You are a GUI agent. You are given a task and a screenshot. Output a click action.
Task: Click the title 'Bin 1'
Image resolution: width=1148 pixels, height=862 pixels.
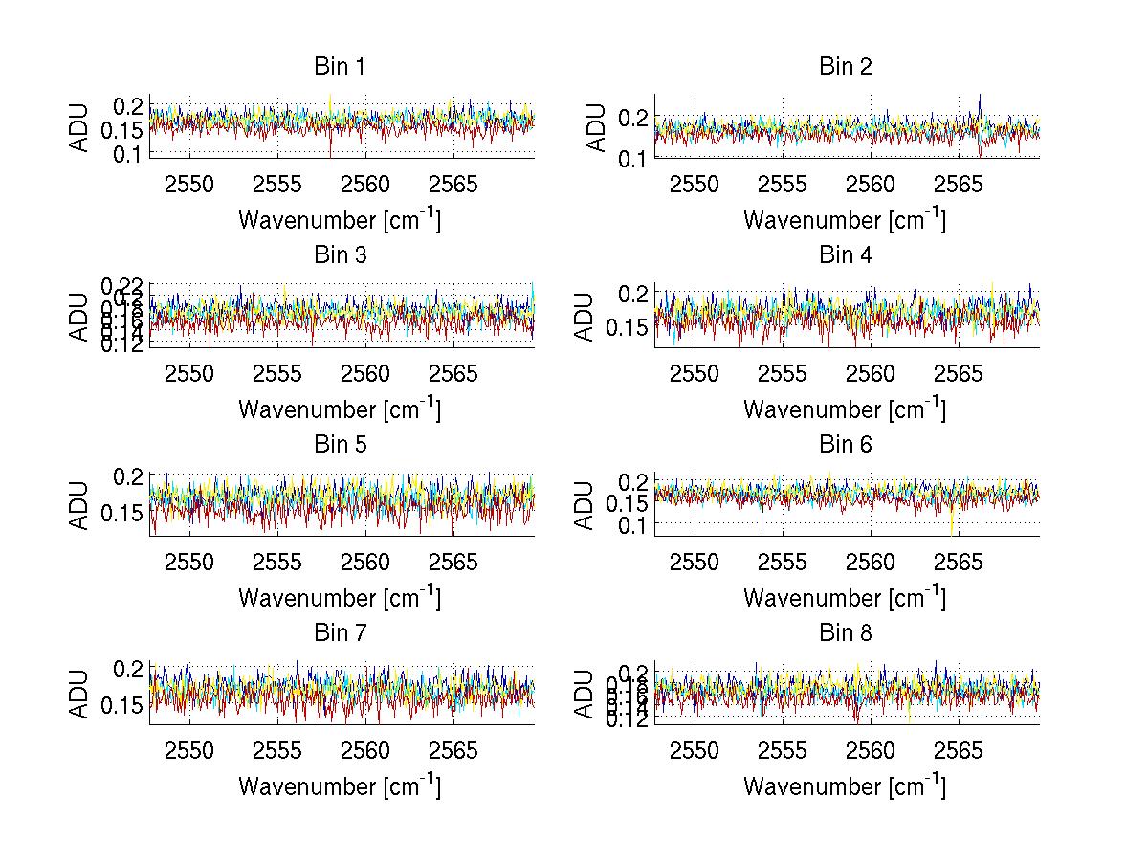point(340,67)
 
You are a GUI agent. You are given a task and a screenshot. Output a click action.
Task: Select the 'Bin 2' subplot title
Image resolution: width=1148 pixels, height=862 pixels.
point(845,67)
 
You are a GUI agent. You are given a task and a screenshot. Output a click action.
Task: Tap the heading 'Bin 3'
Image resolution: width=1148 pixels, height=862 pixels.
point(340,255)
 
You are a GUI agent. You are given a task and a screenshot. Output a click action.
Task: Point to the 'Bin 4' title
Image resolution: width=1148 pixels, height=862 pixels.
point(845,255)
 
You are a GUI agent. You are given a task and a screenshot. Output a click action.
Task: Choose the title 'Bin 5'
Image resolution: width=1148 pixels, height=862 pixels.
point(340,445)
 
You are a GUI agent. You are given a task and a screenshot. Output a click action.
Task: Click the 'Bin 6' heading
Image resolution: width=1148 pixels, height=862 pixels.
point(845,445)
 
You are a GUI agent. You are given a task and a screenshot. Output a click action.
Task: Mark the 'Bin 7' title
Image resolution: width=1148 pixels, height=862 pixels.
point(340,633)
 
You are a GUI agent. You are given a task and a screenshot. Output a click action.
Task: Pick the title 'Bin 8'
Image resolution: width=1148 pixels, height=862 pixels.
point(845,633)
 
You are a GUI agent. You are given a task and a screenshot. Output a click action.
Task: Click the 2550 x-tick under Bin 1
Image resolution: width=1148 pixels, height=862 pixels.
point(189,185)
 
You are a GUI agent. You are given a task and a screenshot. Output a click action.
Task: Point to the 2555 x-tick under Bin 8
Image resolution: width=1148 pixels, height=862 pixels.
point(783,751)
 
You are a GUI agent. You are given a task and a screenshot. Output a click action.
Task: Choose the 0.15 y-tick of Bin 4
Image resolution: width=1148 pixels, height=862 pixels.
point(626,327)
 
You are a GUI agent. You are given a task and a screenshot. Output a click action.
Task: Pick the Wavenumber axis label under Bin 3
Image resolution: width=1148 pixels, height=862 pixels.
point(340,409)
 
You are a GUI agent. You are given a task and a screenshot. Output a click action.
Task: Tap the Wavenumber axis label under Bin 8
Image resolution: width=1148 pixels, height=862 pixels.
point(845,786)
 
